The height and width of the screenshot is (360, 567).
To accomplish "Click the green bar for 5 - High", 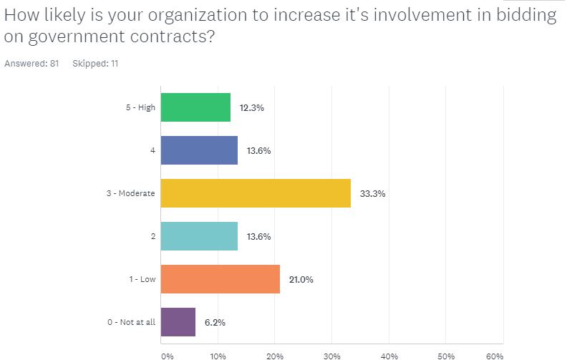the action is click(195, 107).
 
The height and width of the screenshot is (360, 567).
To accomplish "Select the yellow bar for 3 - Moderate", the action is click(256, 193).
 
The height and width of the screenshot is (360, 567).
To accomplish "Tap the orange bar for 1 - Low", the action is click(220, 279).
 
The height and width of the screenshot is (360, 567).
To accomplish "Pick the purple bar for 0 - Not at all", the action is click(178, 322).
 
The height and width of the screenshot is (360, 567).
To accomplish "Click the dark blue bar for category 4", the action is click(199, 150).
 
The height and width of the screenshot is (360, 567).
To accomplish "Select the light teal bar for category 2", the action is click(199, 236).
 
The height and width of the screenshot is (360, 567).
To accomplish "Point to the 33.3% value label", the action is click(372, 194).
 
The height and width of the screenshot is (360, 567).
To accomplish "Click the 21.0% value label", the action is click(301, 279).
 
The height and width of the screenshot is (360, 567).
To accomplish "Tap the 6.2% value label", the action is click(215, 322).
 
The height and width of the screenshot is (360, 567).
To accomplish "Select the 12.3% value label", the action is click(252, 107).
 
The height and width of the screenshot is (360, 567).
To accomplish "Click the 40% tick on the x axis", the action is click(389, 356).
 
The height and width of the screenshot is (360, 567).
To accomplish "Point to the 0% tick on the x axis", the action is click(168, 356).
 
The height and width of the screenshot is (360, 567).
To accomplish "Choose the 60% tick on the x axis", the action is click(495, 356).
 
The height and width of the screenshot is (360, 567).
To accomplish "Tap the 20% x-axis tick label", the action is click(275, 356).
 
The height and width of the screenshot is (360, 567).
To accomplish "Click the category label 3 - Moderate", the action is click(130, 193).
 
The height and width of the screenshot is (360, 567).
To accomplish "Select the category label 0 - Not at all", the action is click(131, 322).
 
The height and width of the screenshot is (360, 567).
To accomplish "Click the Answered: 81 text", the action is click(31, 64).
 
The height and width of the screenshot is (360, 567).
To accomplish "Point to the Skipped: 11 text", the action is click(95, 64).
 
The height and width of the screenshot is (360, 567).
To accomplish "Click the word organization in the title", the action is click(198, 16).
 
